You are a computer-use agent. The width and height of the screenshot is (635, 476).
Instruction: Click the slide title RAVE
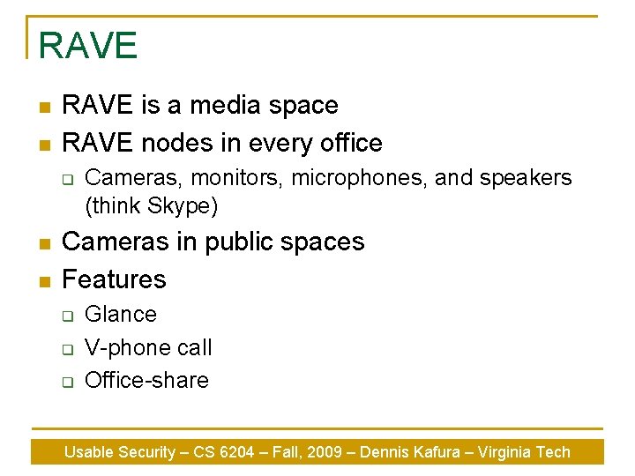click(88, 46)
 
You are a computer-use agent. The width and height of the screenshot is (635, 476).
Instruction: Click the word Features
click(114, 279)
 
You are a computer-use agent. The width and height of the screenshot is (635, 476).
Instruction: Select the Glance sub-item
click(121, 314)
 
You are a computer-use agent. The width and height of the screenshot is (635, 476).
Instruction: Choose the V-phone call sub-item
click(148, 347)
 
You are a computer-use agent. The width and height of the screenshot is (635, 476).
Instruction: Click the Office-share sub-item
click(146, 380)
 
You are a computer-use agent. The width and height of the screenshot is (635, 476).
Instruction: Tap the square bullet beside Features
click(42, 280)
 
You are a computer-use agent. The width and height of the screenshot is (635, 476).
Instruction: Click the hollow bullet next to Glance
click(66, 316)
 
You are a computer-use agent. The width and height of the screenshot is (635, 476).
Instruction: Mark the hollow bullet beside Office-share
click(66, 382)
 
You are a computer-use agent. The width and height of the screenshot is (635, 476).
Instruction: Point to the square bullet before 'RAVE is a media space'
click(42, 107)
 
